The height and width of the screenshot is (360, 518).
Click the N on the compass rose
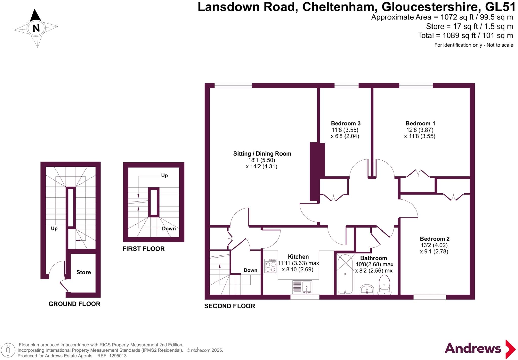[36, 28]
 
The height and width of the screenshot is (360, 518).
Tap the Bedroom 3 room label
[346, 123]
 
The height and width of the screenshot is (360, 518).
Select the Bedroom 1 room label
[420, 123]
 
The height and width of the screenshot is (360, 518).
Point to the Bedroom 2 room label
[435, 239]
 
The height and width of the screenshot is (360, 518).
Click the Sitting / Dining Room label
[262, 153]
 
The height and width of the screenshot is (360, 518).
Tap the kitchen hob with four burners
[270, 266]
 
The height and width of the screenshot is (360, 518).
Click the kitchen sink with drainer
[302, 287]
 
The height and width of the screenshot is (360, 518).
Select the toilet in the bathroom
[384, 284]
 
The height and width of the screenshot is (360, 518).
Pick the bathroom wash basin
[367, 289]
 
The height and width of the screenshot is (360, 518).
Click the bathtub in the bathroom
[345, 274]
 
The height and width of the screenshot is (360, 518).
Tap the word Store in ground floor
[83, 272]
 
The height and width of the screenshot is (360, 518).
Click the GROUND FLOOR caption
[74, 304]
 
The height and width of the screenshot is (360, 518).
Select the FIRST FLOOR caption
[143, 249]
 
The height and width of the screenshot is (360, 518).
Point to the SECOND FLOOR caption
[230, 306]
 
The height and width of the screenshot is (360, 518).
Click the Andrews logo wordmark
[473, 349]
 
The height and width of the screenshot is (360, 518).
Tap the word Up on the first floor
[164, 175]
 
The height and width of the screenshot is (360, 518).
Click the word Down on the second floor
[250, 270]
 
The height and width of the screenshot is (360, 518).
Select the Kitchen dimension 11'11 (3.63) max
[298, 263]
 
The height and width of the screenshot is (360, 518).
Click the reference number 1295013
[118, 356]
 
